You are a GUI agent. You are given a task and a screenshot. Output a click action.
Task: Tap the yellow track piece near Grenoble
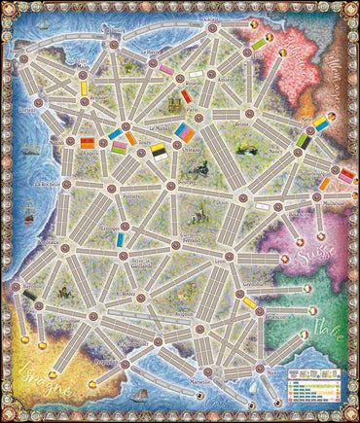(x=250, y=303)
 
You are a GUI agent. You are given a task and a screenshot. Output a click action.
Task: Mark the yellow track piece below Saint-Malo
(x=84, y=88)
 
